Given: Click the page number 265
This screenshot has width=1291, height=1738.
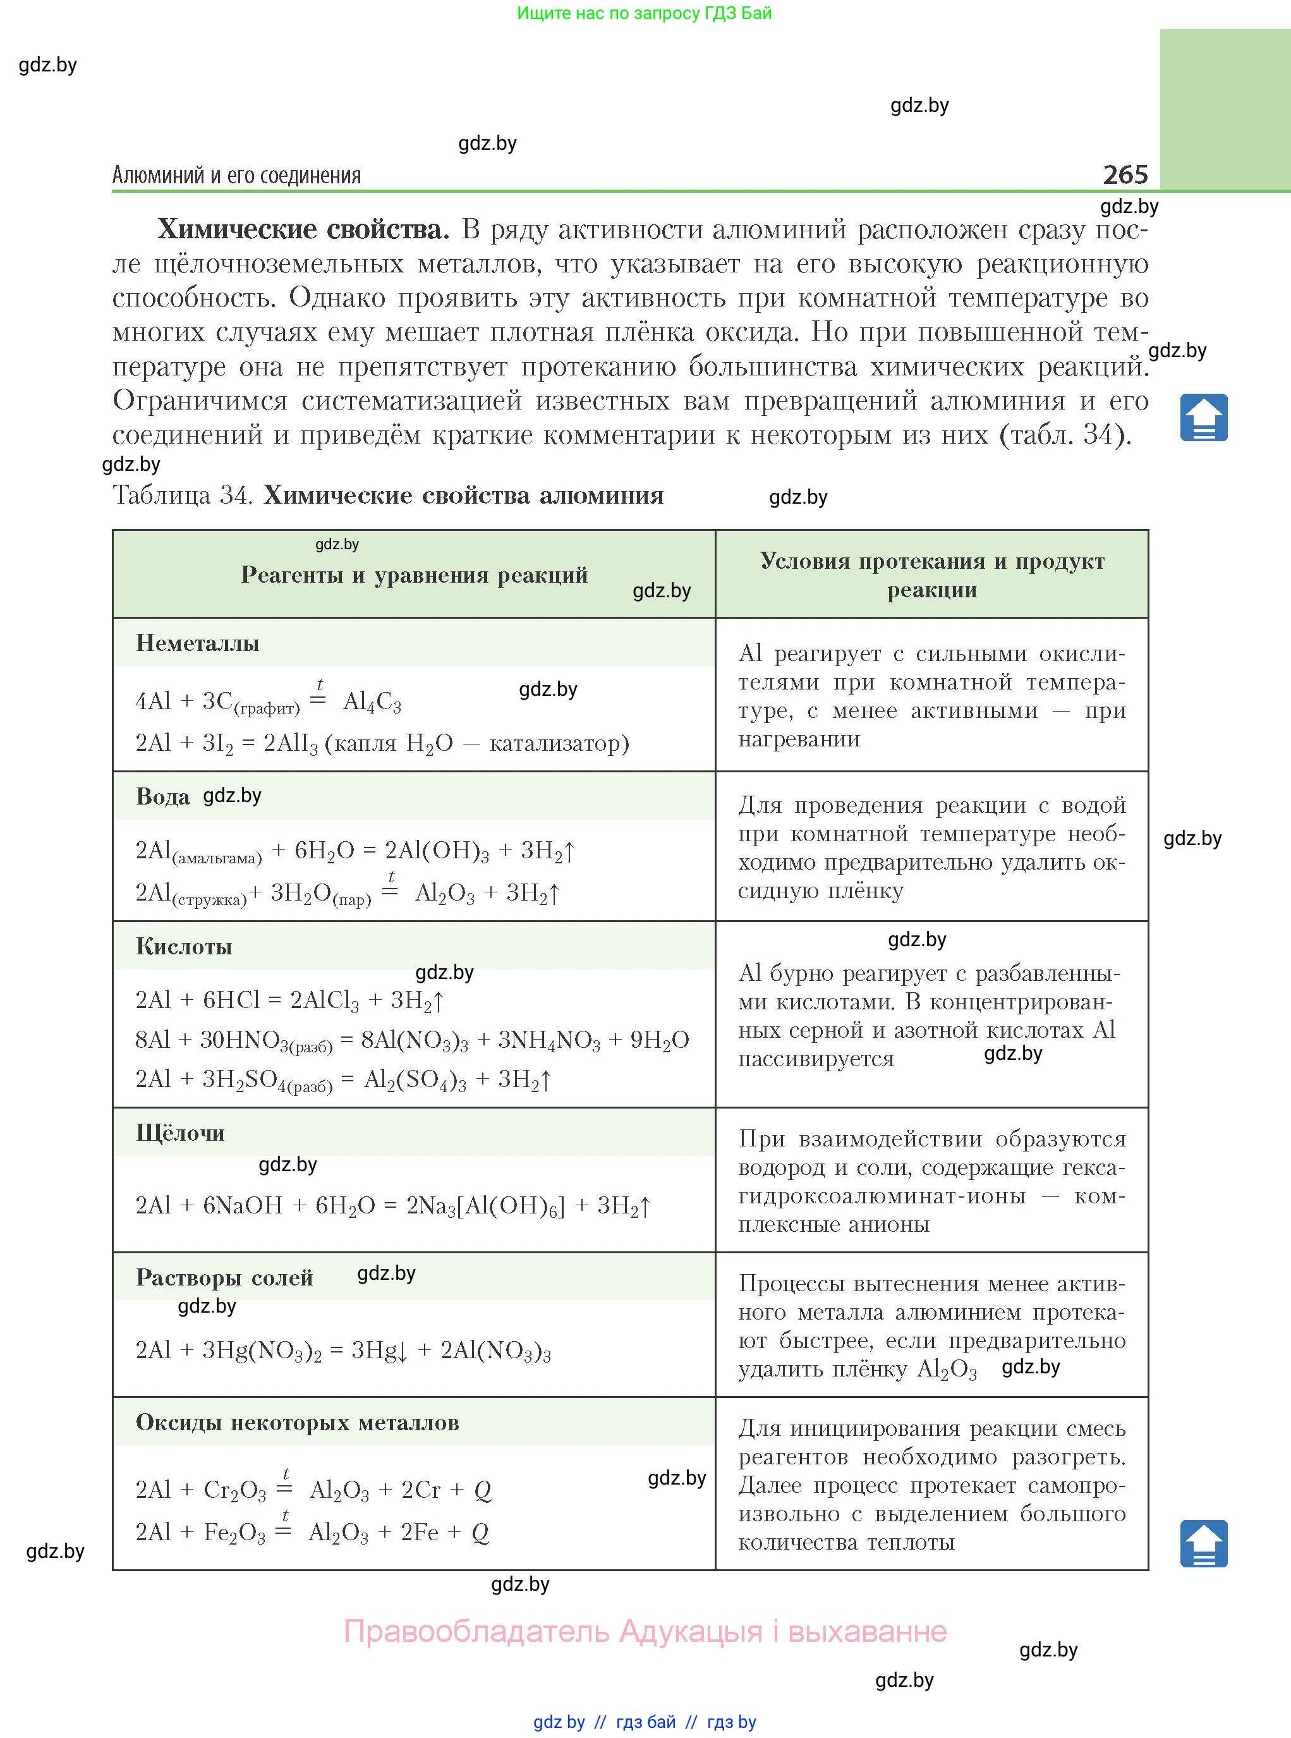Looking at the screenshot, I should (1125, 174).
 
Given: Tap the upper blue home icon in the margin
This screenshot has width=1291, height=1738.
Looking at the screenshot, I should (1203, 418).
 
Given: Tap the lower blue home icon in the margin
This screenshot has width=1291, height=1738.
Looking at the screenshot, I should (1203, 1543).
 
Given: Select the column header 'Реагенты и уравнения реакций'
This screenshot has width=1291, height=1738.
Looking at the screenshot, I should (413, 575).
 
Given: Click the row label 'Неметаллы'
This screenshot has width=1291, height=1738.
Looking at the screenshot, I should (197, 643).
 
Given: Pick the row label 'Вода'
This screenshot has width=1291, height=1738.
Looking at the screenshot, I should (162, 796).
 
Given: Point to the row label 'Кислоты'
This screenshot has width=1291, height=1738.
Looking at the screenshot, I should (184, 946).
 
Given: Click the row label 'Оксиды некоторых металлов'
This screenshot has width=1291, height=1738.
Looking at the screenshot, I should (297, 1422).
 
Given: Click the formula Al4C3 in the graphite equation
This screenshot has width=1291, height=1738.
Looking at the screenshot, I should (372, 702).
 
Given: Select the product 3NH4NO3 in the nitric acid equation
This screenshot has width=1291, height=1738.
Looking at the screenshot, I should (549, 1040).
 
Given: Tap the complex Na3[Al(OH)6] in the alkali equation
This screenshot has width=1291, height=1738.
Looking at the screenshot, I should (485, 1206).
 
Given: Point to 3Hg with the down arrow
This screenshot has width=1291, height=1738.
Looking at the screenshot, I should (379, 1351).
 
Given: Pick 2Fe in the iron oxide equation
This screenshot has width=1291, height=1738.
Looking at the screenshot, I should (419, 1533).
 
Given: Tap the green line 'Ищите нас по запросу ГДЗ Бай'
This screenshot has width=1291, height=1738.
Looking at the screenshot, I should (644, 13).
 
